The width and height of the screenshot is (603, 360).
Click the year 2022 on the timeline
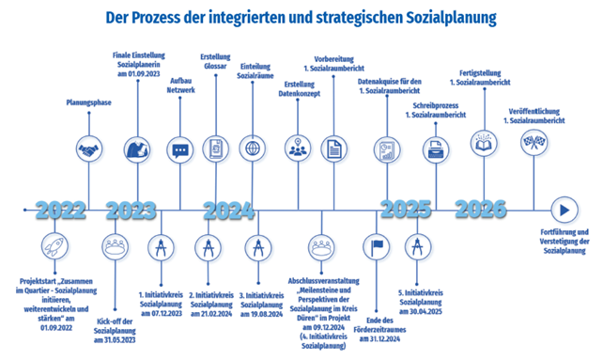[60, 211]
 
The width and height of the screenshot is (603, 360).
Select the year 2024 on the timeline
[229, 211]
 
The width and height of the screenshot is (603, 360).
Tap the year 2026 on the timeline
[481, 209]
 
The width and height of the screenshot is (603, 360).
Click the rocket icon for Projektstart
[55, 246]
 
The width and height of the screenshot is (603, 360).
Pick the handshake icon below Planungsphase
[89, 149]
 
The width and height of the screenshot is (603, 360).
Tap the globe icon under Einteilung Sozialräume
[253, 149]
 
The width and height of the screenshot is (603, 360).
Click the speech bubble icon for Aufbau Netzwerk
[180, 150]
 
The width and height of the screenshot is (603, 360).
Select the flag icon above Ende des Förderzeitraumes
[377, 246]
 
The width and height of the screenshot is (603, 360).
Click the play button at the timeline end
[564, 211]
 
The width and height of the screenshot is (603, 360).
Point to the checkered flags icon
[533, 142]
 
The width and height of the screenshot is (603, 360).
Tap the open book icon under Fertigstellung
[484, 143]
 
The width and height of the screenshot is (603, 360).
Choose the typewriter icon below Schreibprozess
[436, 149]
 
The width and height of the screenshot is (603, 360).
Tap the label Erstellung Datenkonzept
[300, 89]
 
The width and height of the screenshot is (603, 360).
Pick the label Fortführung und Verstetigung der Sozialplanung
[564, 242]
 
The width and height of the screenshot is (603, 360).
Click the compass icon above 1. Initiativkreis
[162, 247]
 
